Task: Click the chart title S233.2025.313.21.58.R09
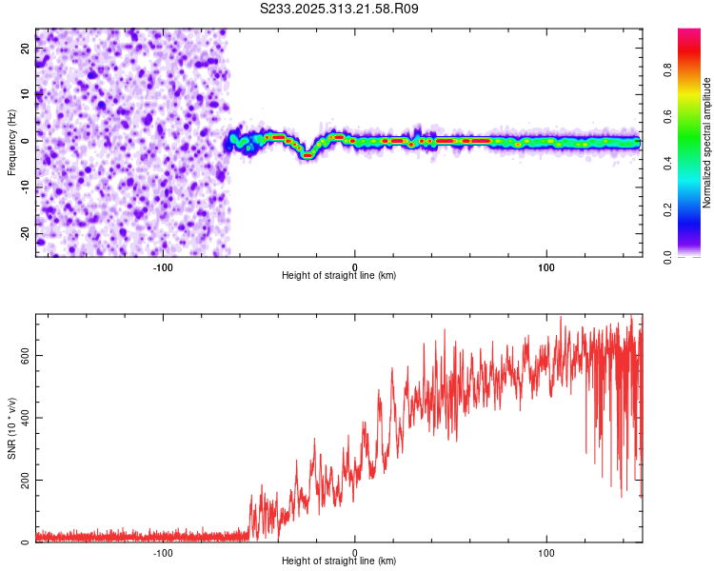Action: coord(340,9)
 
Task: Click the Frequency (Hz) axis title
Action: coord(12,141)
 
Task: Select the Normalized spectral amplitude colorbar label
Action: coord(706,143)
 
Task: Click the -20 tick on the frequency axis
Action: coord(25,233)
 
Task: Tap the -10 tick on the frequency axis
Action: coord(25,187)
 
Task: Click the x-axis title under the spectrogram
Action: coord(339,276)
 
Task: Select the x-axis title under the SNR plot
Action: coord(339,561)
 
